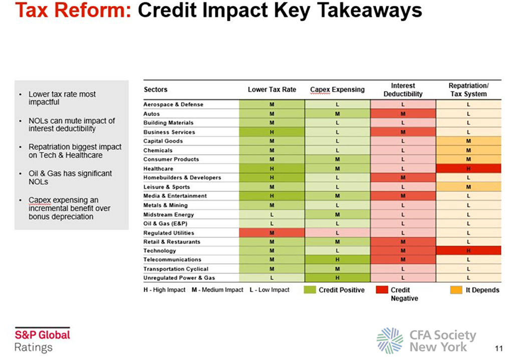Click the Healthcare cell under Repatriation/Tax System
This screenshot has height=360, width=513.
[468, 169]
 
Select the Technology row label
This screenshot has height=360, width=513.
[160, 251]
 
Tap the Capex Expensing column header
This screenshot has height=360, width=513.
[337, 90]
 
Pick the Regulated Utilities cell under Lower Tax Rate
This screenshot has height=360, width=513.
[272, 233]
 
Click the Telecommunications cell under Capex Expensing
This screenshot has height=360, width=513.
[337, 260]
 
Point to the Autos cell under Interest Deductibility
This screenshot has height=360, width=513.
[403, 114]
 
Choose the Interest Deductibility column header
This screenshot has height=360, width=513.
[403, 90]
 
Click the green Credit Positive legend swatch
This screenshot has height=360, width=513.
[311, 290]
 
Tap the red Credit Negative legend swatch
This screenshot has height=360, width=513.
[381, 290]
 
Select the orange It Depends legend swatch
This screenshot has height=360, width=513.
[456, 290]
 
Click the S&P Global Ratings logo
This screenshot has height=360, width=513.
[42, 340]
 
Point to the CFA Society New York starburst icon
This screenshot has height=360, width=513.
[389, 340]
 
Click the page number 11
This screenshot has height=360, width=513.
[497, 348]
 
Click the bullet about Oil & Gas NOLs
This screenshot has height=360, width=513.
[70, 177]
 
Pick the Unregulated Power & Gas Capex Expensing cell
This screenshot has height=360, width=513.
[337, 278]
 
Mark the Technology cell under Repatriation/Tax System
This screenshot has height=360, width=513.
[468, 251]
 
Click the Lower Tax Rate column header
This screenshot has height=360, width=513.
[272, 90]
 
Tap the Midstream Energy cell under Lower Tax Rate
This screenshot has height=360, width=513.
[272, 214]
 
